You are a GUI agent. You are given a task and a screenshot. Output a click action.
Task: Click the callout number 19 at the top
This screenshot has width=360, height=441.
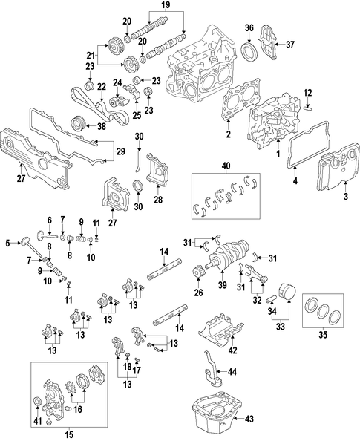pyautogui.click(x=166, y=4)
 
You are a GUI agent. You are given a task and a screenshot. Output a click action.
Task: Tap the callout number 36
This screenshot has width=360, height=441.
pyautogui.click(x=249, y=28)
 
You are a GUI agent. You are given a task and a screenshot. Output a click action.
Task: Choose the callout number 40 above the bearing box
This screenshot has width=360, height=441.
pyautogui.click(x=226, y=166)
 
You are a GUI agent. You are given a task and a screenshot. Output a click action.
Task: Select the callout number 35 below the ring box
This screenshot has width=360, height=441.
pyautogui.click(x=323, y=335)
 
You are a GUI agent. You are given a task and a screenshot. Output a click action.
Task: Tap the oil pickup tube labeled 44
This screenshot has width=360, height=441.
pyautogui.click(x=212, y=370)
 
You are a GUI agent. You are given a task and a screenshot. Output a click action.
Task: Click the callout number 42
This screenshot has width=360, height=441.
pyautogui.click(x=233, y=350)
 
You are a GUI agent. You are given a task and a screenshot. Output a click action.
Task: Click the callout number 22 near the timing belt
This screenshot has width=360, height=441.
pyautogui.click(x=102, y=87)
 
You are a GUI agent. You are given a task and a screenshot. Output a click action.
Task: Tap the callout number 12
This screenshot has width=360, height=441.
pyautogui.click(x=308, y=93)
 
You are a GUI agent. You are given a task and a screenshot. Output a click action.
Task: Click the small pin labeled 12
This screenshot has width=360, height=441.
pyautogui.click(x=308, y=107)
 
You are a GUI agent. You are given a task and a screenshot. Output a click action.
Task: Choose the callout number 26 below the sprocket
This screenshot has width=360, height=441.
pyautogui.click(x=198, y=293)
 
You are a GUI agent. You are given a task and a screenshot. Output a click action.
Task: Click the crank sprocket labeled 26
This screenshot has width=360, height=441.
pyautogui.click(x=198, y=272)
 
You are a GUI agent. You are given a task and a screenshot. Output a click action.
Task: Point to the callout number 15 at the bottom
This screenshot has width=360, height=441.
pyautogui.click(x=69, y=434)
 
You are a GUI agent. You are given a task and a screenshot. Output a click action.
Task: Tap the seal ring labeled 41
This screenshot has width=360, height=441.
pyautogui.click(x=37, y=402)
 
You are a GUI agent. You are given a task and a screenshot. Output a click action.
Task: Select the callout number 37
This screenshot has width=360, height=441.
pyautogui.click(x=290, y=45)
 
